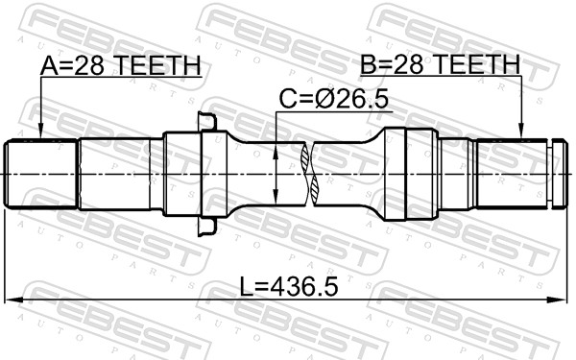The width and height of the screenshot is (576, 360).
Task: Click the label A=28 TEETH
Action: pos(121,65)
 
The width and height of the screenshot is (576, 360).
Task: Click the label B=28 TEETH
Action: pos(440,64)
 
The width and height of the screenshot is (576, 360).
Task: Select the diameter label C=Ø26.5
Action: pos(333,99)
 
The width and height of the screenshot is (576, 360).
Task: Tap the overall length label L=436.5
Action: pos(289,286)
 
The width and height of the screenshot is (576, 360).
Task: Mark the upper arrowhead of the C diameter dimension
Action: pos(276,151)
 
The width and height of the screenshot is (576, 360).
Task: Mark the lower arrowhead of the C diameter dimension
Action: pos(276,196)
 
